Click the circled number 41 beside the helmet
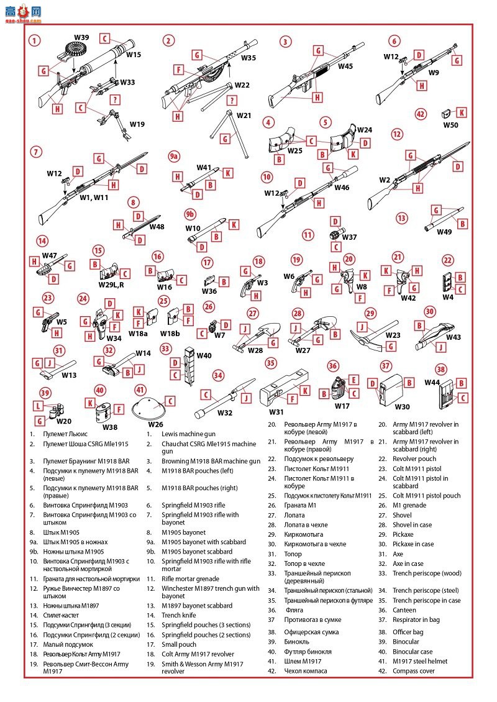point(140,390)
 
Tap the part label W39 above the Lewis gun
point(81,38)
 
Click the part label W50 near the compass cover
point(450,125)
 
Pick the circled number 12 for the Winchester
point(397,134)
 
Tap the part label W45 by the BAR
point(345,66)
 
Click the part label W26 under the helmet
point(156,425)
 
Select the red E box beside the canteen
point(353,380)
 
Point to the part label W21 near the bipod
point(244,116)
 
